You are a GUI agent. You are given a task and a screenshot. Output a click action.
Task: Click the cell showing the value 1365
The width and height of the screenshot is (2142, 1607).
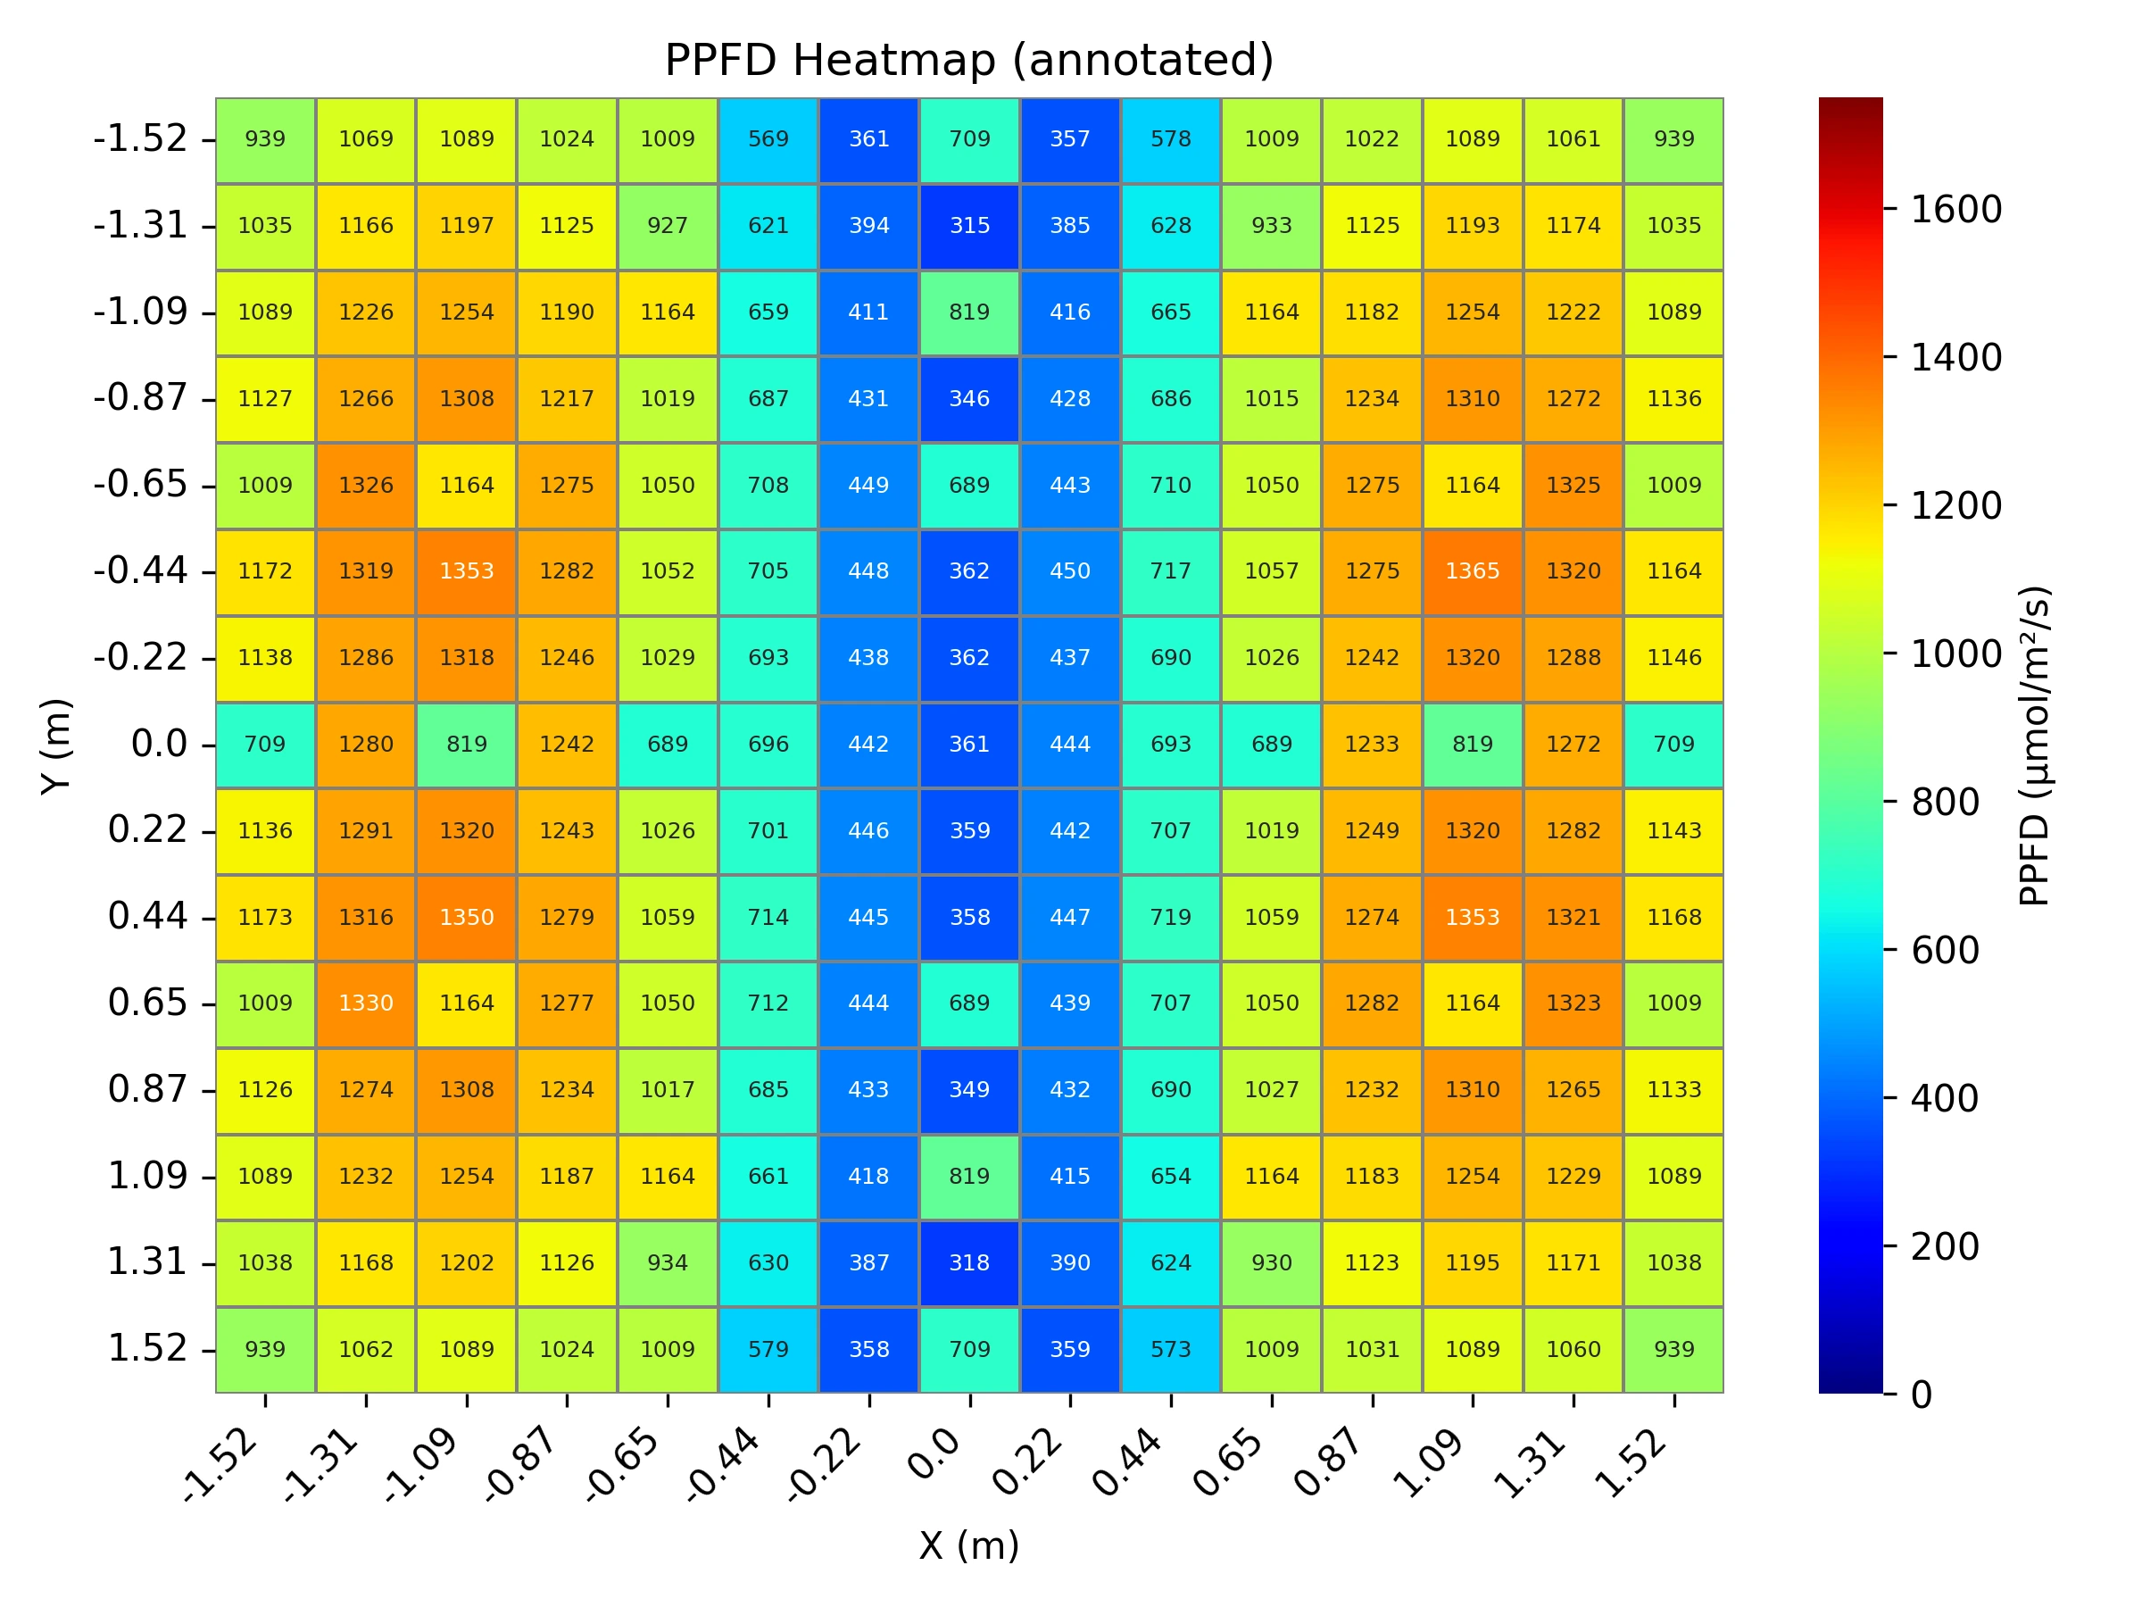pos(1472,571)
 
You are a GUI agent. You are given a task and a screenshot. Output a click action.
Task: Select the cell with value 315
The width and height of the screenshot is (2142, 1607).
pos(969,226)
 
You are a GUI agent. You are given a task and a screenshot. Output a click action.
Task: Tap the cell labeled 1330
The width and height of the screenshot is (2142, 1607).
pos(366,1003)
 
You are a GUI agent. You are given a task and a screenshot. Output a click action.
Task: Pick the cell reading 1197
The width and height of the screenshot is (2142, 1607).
pos(467,226)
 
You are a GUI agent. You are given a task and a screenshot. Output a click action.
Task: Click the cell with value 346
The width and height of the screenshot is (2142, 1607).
pos(969,399)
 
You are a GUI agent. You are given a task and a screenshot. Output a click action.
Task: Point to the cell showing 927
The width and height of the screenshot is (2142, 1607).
pos(668,226)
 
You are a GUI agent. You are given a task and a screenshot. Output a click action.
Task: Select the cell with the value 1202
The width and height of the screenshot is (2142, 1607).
pos(467,1263)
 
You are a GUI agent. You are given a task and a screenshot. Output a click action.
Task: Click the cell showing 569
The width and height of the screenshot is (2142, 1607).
pos(768,139)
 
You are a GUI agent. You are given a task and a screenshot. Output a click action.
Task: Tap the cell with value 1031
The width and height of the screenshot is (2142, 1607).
pos(1372,1349)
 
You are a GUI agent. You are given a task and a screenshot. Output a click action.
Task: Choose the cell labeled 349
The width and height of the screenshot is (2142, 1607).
pos(969,1090)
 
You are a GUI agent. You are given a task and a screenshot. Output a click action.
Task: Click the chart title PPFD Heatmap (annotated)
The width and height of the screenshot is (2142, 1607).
pos(968,60)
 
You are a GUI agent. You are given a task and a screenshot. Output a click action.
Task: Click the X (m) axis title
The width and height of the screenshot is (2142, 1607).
pos(968,1545)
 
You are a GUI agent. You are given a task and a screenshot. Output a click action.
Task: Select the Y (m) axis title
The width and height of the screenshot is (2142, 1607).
pos(56,745)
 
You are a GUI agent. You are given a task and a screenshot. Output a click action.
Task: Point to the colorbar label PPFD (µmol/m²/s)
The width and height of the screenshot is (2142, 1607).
pos(2033,745)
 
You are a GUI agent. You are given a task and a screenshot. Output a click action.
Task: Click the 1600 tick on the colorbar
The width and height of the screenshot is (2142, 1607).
pos(1955,209)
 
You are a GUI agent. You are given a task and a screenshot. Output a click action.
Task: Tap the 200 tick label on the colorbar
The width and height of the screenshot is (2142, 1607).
pos(1944,1246)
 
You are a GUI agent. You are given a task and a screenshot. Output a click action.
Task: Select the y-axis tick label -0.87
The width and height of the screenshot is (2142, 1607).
pos(140,397)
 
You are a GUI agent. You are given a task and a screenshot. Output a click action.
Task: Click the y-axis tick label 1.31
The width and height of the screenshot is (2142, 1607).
pos(147,1261)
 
